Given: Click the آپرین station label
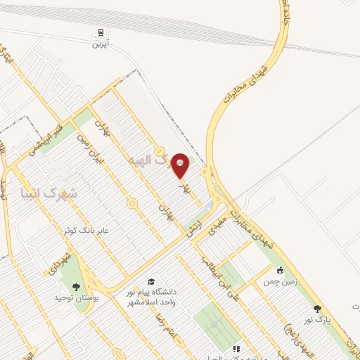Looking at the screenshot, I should point(102,43).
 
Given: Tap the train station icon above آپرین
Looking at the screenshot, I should point(102,32).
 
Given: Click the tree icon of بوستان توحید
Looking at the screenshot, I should point(75,286).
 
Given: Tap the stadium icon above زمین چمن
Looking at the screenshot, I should point(280,269).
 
